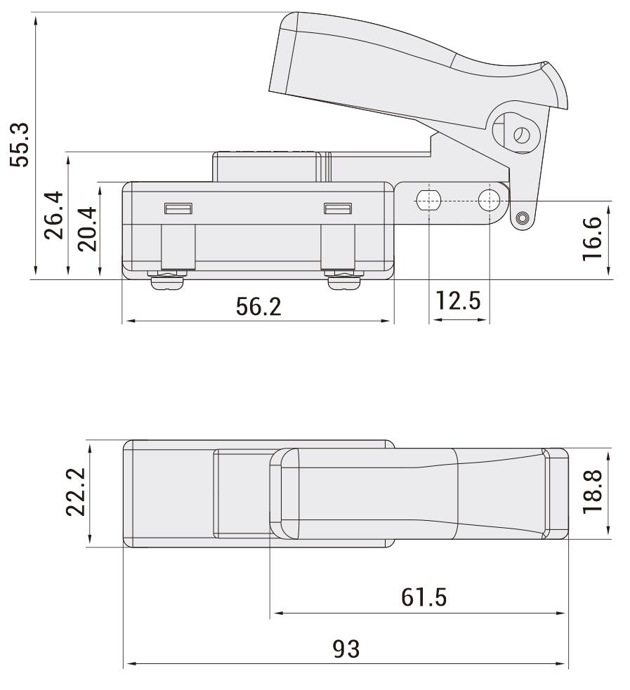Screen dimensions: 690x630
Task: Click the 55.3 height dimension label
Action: tap(19, 145)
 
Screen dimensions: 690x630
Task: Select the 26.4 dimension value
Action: tap(55, 215)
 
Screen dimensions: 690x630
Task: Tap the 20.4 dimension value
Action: tap(88, 229)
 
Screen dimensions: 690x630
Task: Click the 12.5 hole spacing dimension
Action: tap(458, 302)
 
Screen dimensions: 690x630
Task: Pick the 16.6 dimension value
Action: tap(593, 239)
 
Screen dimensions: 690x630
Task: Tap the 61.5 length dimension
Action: tap(424, 597)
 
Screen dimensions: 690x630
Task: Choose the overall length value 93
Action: tap(346, 649)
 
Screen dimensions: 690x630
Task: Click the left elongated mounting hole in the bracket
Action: tap(427, 200)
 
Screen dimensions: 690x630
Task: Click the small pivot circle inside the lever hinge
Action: tap(520, 135)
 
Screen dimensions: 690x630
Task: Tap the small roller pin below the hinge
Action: tap(520, 219)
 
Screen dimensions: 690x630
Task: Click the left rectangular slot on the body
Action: tap(178, 208)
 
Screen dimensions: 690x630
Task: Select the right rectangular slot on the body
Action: tap(338, 208)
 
